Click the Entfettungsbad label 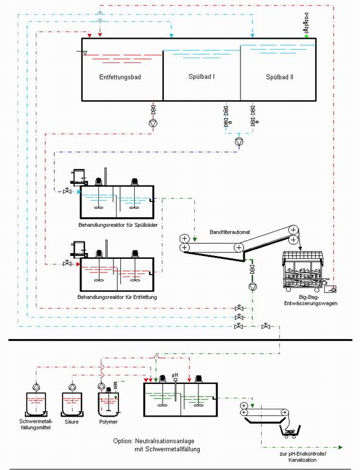click(x=120, y=77)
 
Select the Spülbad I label click(x=202, y=76)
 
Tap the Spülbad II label click(x=280, y=77)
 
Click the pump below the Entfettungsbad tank click(x=154, y=123)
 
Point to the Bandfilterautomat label click(x=230, y=232)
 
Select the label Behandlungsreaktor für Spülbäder click(x=118, y=225)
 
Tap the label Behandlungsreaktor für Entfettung click(x=117, y=297)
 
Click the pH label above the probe click(x=175, y=375)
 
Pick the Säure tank click(x=72, y=404)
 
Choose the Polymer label click(x=108, y=421)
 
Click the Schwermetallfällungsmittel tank click(x=36, y=404)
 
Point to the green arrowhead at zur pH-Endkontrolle click(x=340, y=448)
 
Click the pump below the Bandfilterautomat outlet click(x=253, y=287)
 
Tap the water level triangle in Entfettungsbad click(x=85, y=53)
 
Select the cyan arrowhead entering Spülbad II click(x=253, y=36)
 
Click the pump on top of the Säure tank click(x=72, y=387)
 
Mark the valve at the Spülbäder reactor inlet click(x=67, y=190)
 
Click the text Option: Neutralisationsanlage click(x=154, y=441)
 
